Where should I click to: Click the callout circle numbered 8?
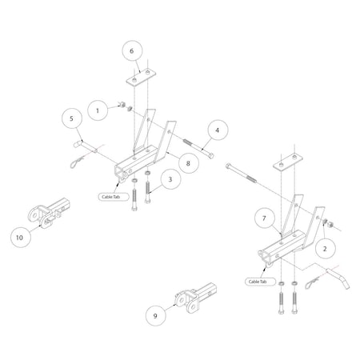(x=188, y=162)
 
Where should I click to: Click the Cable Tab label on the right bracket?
(x=258, y=282)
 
